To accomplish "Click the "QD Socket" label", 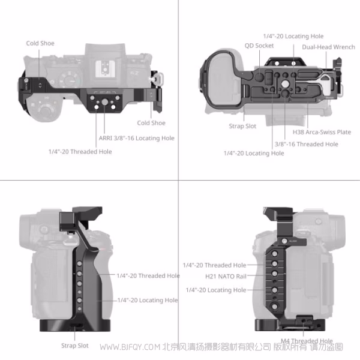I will tap(259, 46).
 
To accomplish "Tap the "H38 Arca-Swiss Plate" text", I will tap(322, 132).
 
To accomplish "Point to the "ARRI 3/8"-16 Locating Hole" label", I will tap(137, 138).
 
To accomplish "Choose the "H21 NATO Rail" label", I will tap(226, 277).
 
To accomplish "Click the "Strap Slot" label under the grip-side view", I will tap(74, 346).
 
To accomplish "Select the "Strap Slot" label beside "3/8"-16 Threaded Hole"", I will tap(242, 126).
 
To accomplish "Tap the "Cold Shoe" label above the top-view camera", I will tap(40, 43).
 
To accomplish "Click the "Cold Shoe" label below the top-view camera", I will tap(151, 123).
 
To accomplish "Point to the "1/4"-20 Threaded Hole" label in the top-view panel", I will tap(80, 152).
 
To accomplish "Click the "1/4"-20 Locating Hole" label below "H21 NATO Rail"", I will tap(215, 290).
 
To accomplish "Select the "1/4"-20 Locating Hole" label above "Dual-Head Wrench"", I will tap(293, 37).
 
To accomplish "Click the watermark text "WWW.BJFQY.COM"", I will tap(129, 347).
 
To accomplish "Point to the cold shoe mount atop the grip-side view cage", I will tap(79, 217).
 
